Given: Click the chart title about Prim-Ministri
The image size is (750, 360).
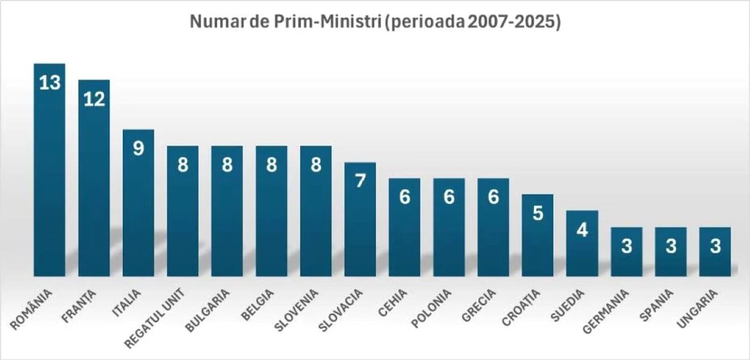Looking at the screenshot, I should (374, 22).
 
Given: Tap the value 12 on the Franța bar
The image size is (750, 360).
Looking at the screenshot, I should (94, 99).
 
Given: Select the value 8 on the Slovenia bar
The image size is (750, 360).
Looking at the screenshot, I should (316, 165).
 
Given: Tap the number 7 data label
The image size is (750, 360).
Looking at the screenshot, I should (360, 182).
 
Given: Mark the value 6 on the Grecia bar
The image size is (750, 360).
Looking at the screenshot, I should (493, 198).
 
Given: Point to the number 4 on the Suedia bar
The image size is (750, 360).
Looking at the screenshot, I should (582, 230).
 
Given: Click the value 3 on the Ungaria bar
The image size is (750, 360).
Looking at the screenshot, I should (715, 247).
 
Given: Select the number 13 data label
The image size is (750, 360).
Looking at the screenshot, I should (49, 83).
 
